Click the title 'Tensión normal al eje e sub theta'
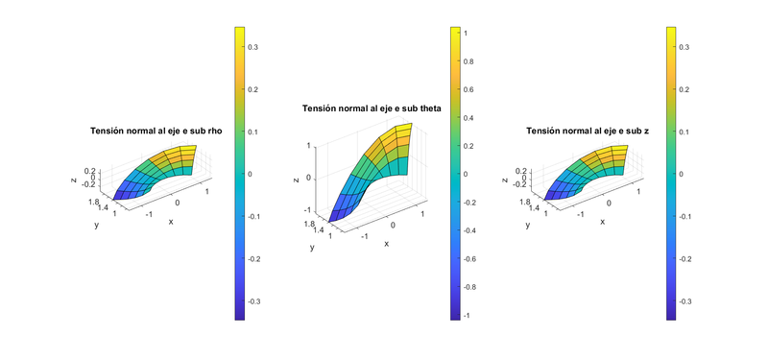[372, 108]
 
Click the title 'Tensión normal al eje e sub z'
[588, 132]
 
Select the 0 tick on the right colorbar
[684, 174]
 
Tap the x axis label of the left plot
[171, 222]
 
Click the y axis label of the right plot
[528, 226]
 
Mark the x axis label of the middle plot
[387, 244]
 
